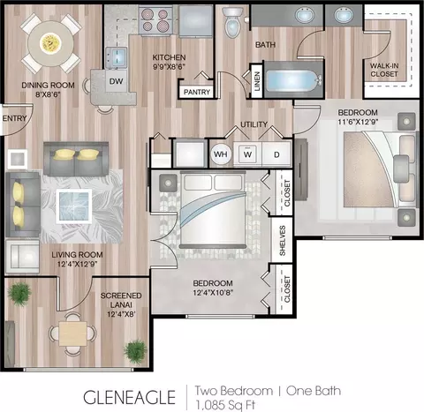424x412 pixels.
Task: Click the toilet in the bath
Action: tap(232, 22)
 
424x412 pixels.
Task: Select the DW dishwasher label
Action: tap(116, 81)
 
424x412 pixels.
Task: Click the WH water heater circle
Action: tap(221, 154)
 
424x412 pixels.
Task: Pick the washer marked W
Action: tap(247, 154)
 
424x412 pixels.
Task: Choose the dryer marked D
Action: tap(276, 154)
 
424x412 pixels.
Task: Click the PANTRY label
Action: tap(197, 92)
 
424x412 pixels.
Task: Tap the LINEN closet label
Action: tap(257, 81)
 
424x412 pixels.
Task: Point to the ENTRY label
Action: tap(14, 118)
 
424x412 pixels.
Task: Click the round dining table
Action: tap(50, 43)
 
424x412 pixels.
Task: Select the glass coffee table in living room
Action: tap(74, 206)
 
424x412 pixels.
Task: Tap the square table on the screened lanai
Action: tap(72, 333)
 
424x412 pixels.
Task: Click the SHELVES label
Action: tap(283, 241)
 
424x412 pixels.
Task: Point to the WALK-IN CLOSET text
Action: tap(384, 70)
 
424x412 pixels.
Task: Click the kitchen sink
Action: tap(117, 57)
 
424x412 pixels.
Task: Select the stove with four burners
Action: tap(155, 20)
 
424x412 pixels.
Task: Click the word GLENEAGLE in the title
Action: tap(129, 397)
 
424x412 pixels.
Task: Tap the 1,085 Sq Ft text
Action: tap(225, 405)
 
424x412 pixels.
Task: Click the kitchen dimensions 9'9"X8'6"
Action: tap(169, 67)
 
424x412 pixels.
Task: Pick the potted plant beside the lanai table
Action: tap(135, 350)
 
